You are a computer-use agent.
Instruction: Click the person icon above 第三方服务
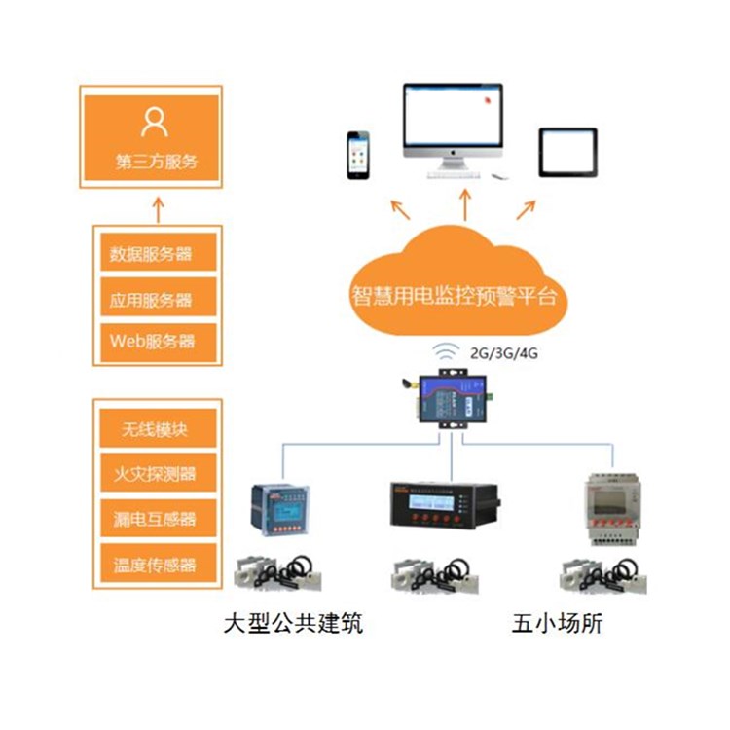[x=154, y=122]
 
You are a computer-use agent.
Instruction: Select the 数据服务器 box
[x=151, y=255]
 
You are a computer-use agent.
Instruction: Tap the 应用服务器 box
[x=151, y=299]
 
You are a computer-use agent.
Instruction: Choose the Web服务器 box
[x=151, y=341]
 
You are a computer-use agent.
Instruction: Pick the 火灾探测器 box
[x=151, y=474]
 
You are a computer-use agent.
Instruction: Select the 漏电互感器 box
[x=151, y=519]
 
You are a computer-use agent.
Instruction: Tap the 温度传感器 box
[x=151, y=564]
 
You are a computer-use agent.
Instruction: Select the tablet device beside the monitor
[x=568, y=153]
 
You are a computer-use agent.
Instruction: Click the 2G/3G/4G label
[x=504, y=354]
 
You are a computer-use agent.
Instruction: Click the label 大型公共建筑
[x=292, y=623]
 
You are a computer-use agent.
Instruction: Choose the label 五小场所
[x=557, y=623]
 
